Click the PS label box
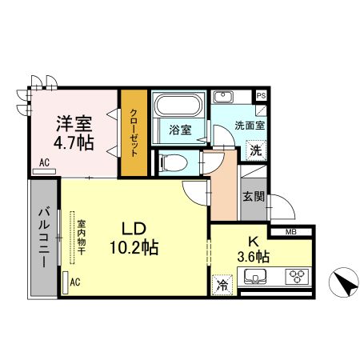261,96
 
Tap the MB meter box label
291,232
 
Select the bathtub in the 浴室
178,105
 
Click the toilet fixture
173,162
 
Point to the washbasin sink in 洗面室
223,97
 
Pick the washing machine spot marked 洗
256,150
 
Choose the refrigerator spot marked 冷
222,286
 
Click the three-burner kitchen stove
298,276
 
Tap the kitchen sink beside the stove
255,276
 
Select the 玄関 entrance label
254,197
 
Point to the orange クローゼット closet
134,133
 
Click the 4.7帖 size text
74,143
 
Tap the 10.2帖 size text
134,247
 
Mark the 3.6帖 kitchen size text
254,257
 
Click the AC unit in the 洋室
44,171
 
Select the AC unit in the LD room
66,282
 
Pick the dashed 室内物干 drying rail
72,238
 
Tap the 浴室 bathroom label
180,130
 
